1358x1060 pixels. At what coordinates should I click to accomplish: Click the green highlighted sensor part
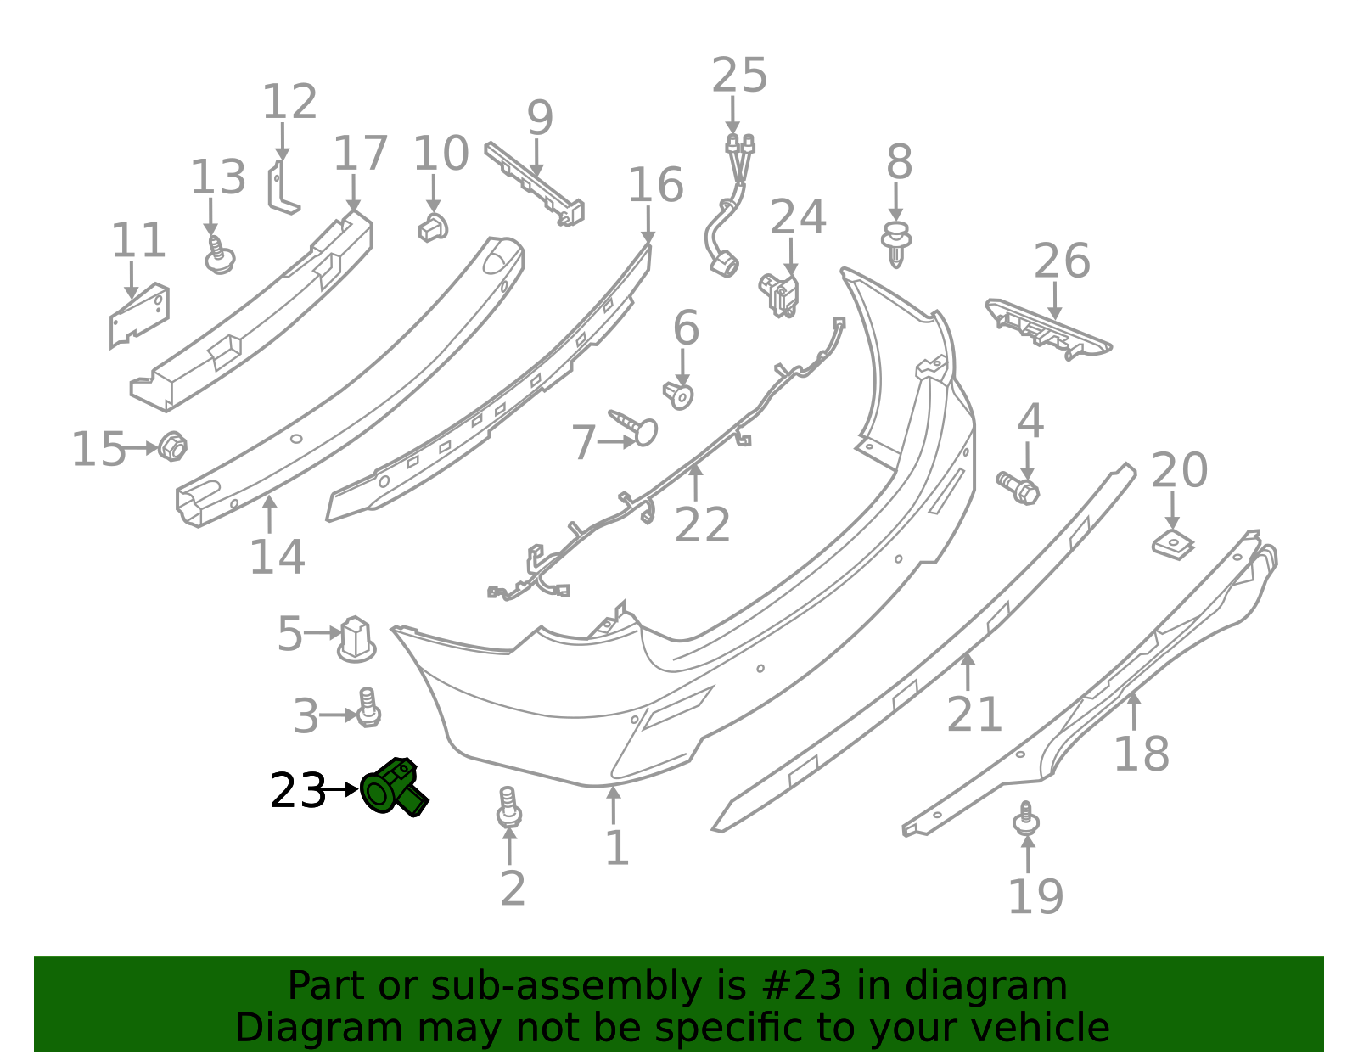click(394, 788)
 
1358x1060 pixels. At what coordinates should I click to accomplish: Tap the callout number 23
click(297, 791)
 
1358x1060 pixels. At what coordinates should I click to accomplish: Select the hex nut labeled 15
click(172, 446)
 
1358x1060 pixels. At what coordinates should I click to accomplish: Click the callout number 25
click(739, 75)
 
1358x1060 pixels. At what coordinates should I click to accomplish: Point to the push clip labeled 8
click(896, 244)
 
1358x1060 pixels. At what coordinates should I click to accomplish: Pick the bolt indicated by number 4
click(1018, 488)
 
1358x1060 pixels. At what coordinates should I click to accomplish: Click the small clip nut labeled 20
click(1173, 544)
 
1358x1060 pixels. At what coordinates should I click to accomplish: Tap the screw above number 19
click(1025, 818)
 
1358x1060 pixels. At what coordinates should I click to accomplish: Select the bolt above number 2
click(508, 807)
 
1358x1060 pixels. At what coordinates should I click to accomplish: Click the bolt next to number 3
click(368, 708)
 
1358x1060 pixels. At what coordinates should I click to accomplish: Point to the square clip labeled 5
click(356, 640)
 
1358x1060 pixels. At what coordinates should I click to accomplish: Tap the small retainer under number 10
click(433, 228)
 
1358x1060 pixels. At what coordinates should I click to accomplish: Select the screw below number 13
click(219, 255)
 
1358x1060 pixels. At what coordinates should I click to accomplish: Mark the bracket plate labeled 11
click(139, 316)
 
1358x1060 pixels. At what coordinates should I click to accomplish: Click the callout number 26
click(1062, 260)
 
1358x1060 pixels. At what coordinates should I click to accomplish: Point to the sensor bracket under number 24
click(778, 294)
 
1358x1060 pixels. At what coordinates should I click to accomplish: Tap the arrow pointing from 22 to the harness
click(695, 483)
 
